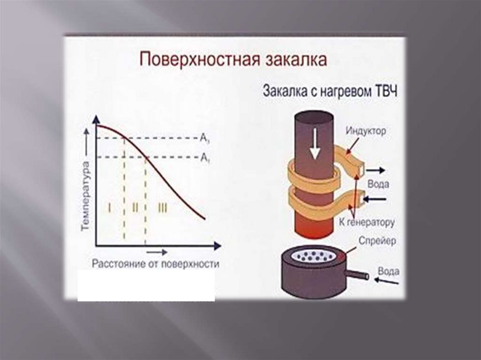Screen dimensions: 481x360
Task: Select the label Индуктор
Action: (x=366, y=131)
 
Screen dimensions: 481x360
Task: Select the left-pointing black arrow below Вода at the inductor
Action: (x=375, y=199)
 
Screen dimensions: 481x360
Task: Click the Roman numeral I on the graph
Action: (x=109, y=207)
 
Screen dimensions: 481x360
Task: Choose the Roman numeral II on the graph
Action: (x=135, y=207)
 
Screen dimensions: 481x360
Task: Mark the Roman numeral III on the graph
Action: (x=162, y=207)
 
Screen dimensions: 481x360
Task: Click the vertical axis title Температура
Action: (x=85, y=195)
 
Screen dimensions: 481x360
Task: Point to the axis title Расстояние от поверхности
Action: (x=155, y=264)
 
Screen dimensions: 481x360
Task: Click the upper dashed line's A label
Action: (x=204, y=138)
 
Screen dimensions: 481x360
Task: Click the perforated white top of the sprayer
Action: (x=312, y=256)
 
